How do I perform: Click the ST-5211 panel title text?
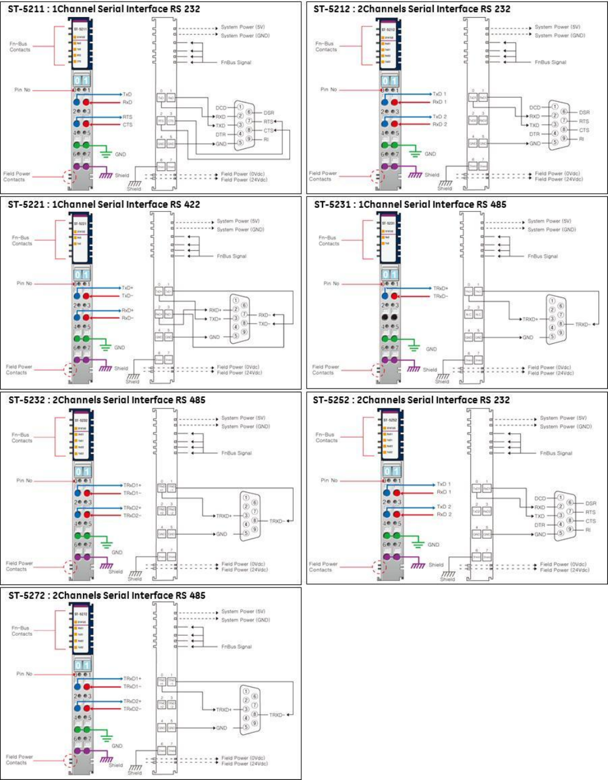tap(104, 9)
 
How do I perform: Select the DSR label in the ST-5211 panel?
tap(268, 112)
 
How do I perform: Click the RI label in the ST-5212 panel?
tap(582, 139)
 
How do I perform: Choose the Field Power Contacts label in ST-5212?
tap(323, 176)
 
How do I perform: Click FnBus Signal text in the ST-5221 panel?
tap(231, 256)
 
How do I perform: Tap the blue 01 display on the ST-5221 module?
tap(82, 274)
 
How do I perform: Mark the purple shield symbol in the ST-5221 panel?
tap(105, 368)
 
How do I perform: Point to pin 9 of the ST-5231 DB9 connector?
tap(560, 333)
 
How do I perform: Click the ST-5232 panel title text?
tap(107, 400)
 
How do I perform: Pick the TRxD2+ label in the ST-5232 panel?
tap(132, 507)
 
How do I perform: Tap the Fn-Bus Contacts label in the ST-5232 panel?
tap(22, 437)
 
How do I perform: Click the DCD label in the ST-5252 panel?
tap(540, 498)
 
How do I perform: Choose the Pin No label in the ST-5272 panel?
tap(24, 673)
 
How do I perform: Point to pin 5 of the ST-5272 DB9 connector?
tap(246, 728)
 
